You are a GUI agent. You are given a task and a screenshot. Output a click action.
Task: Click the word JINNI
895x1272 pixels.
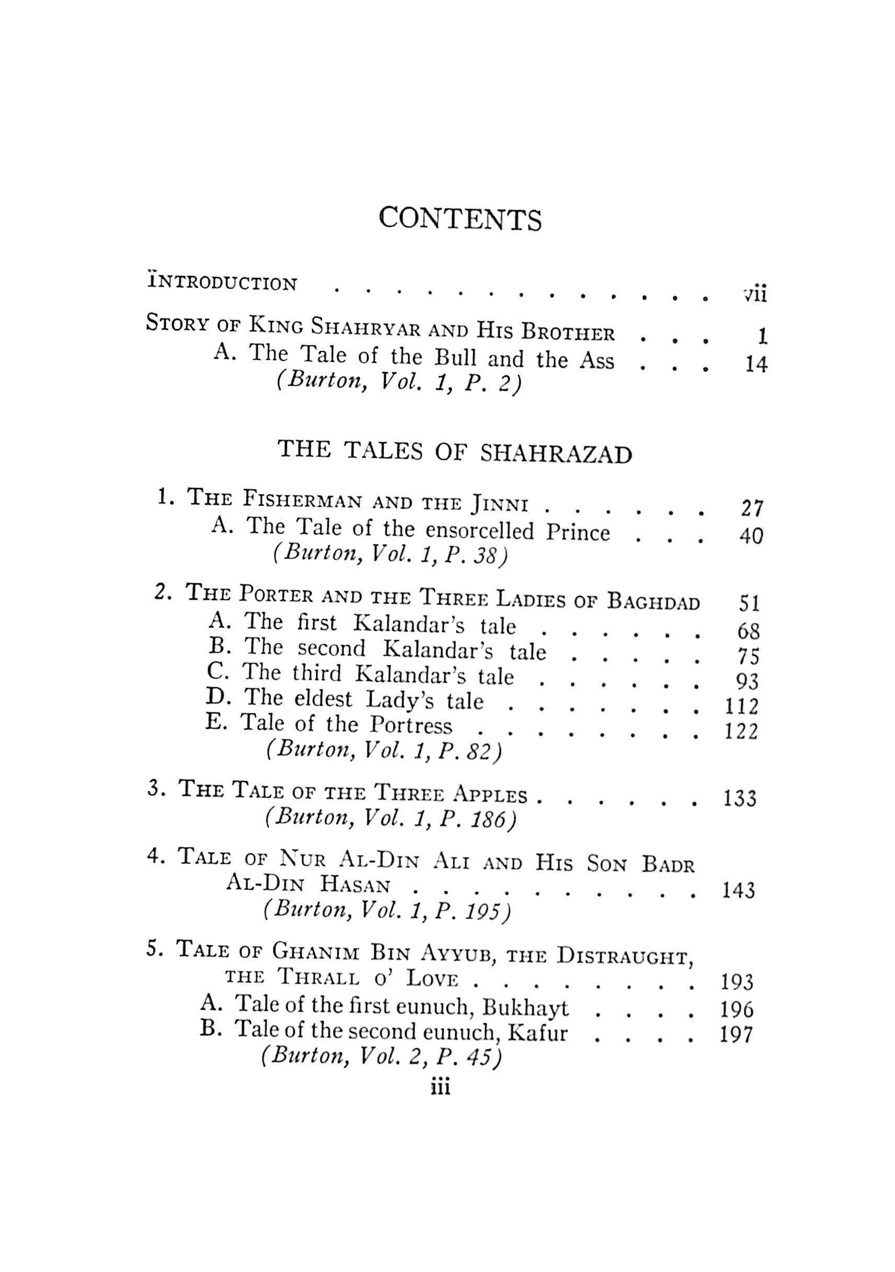point(499,504)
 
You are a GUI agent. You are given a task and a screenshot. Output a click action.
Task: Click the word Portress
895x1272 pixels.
point(411,725)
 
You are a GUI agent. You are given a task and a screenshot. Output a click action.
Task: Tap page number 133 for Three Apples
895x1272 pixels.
point(740,799)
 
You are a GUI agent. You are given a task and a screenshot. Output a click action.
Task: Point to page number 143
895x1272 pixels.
point(739,891)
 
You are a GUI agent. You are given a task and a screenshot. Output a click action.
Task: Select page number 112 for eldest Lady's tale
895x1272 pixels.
point(741,707)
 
